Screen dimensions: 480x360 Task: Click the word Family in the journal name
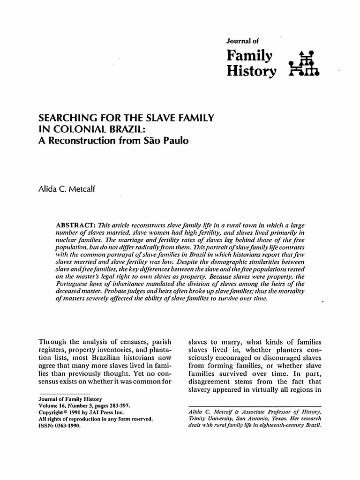click(x=248, y=57)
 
